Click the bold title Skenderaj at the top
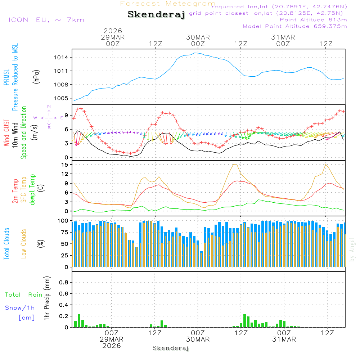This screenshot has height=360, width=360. coord(156,15)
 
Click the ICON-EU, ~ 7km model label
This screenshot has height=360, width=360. coord(46,20)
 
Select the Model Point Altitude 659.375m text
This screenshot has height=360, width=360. coord(295,26)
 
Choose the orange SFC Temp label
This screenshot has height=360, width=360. coord(24,190)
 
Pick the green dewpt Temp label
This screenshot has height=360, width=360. coord(32,190)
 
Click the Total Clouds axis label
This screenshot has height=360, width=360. coord(6,244)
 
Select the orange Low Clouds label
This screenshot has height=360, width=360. coord(24,244)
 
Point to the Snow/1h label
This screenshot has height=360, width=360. coord(20,308)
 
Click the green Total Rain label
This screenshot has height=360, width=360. coord(24,295)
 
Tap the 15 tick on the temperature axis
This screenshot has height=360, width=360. coord(65,165)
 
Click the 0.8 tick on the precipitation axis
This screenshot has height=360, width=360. coord(64,283)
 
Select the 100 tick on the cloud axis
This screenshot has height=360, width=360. coord(63,220)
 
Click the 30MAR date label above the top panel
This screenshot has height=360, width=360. coord(198,37)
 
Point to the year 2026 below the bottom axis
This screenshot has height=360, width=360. coord(112,346)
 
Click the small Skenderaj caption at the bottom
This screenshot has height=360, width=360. coord(171,348)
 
